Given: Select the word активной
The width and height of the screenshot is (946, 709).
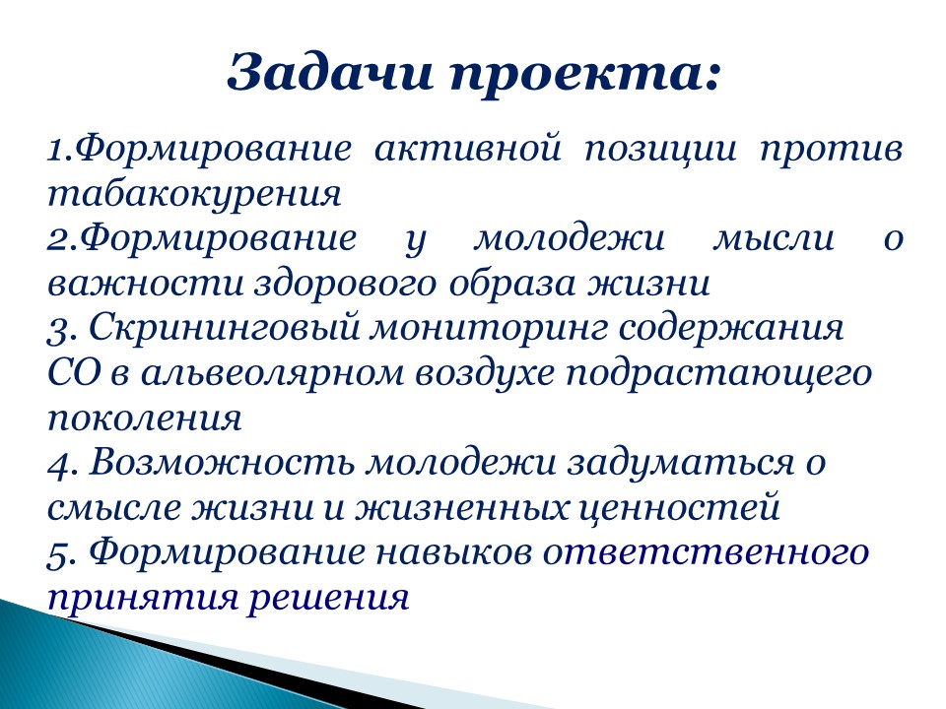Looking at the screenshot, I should [468, 150].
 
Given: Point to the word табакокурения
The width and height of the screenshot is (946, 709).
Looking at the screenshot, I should [193, 194].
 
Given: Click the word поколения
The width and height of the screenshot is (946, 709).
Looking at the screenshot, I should [144, 419].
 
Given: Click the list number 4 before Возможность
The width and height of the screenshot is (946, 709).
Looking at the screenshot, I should [55, 463].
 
